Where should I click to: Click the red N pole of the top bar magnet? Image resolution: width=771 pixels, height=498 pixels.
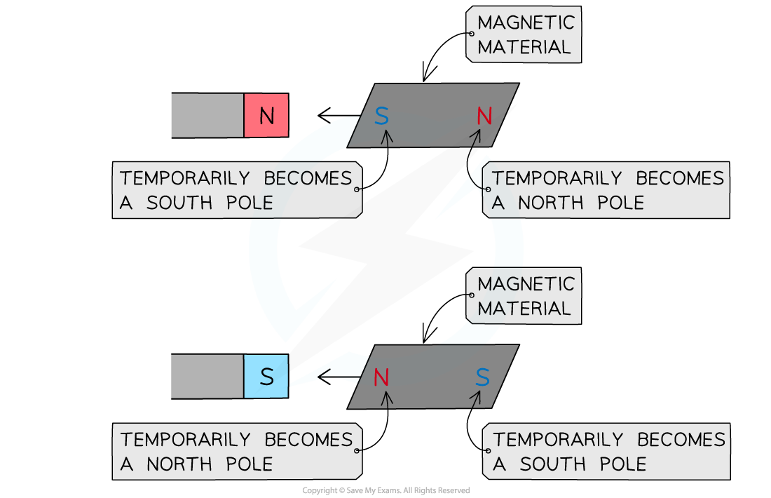tap(266, 116)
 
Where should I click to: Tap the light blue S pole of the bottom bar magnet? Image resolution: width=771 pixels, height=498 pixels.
tap(266, 377)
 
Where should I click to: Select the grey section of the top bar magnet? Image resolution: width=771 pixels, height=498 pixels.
tap(207, 116)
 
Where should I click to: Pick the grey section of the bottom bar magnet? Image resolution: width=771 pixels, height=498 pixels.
tap(207, 377)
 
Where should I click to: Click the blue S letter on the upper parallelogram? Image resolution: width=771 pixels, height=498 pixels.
tap(381, 116)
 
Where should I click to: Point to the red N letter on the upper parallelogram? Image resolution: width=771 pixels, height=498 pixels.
tap(484, 116)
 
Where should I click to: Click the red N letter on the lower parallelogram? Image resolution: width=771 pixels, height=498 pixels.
tap(381, 378)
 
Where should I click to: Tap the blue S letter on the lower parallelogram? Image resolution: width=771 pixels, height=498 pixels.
tap(482, 378)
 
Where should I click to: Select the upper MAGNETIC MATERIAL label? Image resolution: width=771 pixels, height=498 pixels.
tap(525, 35)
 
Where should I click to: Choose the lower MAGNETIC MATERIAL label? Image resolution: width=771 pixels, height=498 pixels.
tap(525, 296)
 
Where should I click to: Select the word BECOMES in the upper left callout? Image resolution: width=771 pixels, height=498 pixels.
tap(308, 178)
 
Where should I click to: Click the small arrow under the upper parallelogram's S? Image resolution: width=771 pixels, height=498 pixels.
tap(386, 137)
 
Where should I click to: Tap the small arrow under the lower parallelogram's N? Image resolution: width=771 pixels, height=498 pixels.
tap(386, 398)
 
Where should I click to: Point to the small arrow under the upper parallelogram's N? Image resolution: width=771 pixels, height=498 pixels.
tap(477, 137)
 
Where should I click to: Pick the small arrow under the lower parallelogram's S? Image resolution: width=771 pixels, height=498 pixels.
tap(477, 398)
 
